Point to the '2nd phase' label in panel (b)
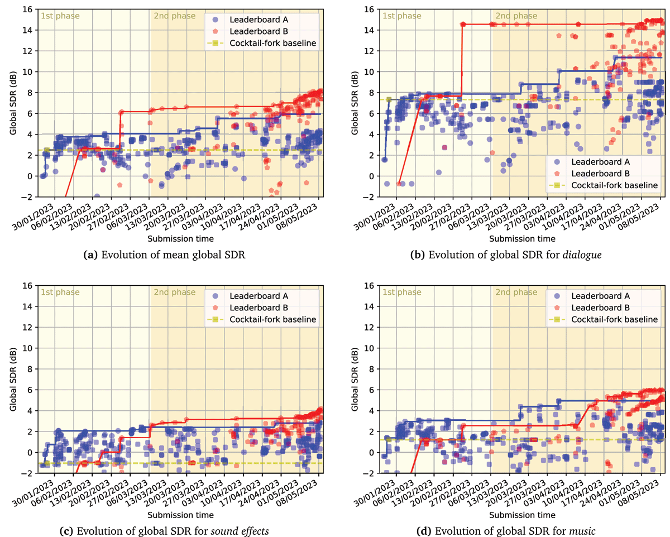[x=511, y=16]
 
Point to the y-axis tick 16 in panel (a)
[x=27, y=9]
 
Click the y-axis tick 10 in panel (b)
[x=369, y=71]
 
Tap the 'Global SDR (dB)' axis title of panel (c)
[x=12, y=379]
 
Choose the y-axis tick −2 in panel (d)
[x=368, y=473]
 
